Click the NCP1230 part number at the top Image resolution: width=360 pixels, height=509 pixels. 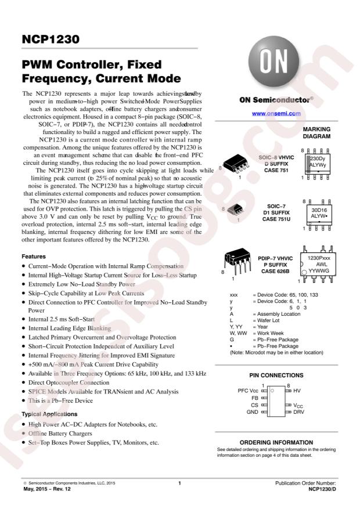pyautogui.click(x=51, y=41)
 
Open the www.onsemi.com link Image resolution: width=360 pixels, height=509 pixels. pyautogui.click(x=276, y=113)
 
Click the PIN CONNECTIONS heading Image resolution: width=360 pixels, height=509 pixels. pyautogui.click(x=276, y=375)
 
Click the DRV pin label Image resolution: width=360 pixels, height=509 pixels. pyautogui.click(x=298, y=411)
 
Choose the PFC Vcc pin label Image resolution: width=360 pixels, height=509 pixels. pyautogui.click(x=248, y=392)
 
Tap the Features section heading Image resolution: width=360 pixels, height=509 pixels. pyautogui.click(x=35, y=255)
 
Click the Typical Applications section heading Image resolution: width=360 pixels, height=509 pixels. pyautogui.click(x=49, y=414)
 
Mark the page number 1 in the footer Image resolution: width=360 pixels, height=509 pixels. pyautogui.click(x=180, y=483)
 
